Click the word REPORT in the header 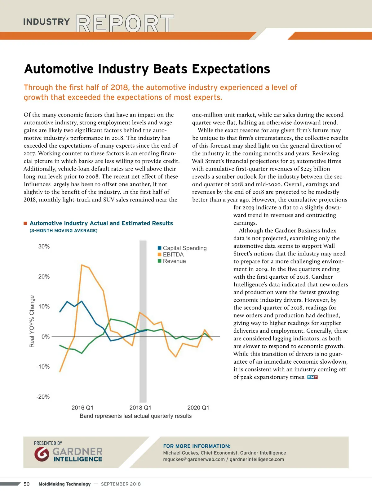tap(125, 23)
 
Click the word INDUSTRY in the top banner tap(46, 22)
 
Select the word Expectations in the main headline tap(231, 69)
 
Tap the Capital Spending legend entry tap(184, 248)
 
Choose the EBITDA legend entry tap(173, 255)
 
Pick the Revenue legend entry tap(174, 261)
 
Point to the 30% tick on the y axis tap(44, 246)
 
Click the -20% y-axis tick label tap(43, 396)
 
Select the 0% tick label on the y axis tap(46, 337)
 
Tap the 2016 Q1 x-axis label tap(82, 408)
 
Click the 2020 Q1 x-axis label tap(198, 408)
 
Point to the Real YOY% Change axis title tap(32, 321)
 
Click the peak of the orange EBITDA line tap(82, 265)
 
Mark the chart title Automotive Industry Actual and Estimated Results tap(101, 223)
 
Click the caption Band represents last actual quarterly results tap(135, 416)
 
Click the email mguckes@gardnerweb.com tap(194, 459)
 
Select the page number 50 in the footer tap(27, 484)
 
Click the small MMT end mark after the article tap(312, 377)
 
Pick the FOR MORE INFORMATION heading tap(197, 446)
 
